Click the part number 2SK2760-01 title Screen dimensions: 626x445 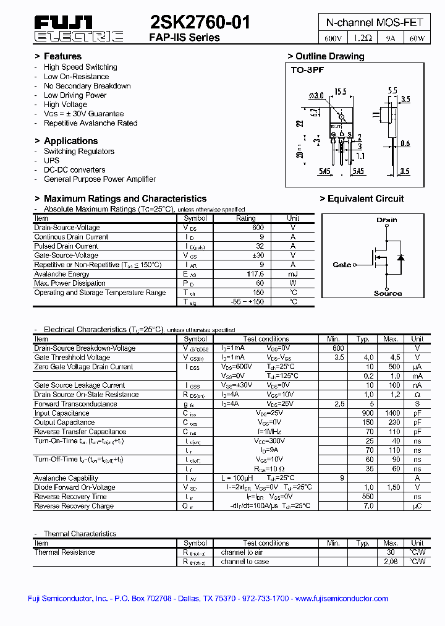pyautogui.click(x=200, y=23)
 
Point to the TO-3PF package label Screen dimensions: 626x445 pyautogui.click(x=307, y=70)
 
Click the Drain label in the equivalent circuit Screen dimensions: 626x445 pyautogui.click(x=387, y=220)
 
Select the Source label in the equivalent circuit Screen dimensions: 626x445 pyautogui.click(x=388, y=293)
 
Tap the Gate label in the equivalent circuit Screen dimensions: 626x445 pyautogui.click(x=342, y=265)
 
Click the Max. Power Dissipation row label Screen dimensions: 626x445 pyautogui.click(x=70, y=283)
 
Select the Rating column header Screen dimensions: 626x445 pyautogui.click(x=245, y=218)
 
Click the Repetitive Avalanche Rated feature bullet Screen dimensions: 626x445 pyautogui.click(x=90, y=123)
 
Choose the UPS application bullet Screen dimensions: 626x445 pyautogui.click(x=51, y=161)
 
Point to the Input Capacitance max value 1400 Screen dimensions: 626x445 pyautogui.click(x=390, y=413)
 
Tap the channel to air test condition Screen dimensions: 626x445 pyautogui.click(x=242, y=552)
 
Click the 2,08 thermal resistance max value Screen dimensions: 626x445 pyautogui.click(x=390, y=562)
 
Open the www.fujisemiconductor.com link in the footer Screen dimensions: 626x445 pyautogui.click(x=341, y=598)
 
